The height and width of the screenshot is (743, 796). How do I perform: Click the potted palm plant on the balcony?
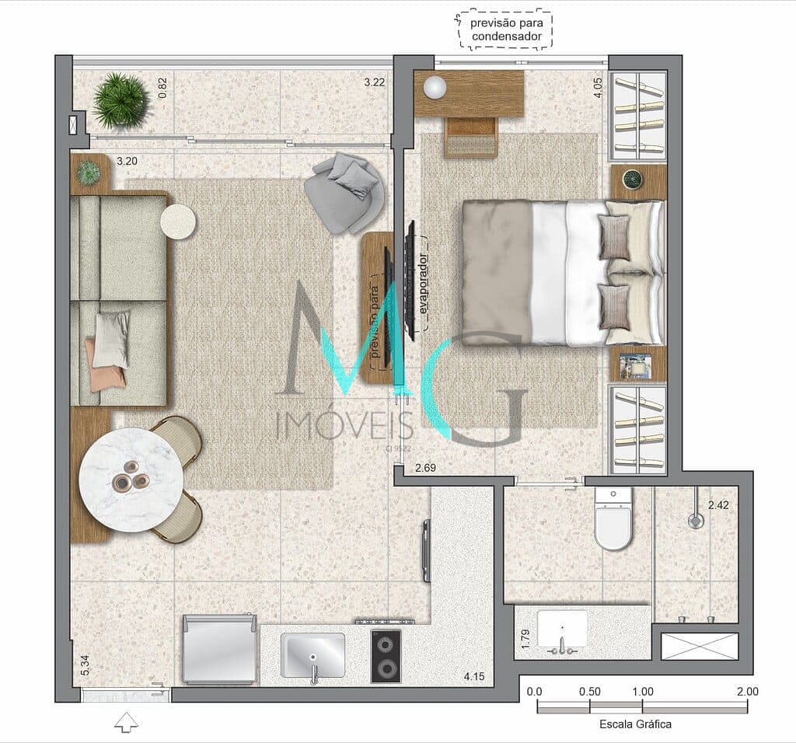(121, 100)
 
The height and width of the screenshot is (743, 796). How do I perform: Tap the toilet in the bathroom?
(613, 521)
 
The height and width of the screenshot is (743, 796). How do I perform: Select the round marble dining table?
(131, 480)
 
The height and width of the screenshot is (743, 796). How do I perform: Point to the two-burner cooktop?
(386, 656)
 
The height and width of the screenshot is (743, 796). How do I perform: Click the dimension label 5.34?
(85, 665)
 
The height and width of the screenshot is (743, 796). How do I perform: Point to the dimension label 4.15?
(474, 677)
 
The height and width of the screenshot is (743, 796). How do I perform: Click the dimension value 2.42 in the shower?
(719, 505)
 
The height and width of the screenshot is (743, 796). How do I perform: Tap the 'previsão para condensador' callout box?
(506, 30)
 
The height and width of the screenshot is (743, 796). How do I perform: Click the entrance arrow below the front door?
(126, 723)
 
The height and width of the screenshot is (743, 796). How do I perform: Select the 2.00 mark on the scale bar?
(747, 692)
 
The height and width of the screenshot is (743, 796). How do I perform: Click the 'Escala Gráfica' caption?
(635, 724)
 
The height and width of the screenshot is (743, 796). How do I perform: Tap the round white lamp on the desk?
(435, 88)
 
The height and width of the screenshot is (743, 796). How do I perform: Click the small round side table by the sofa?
(179, 222)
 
